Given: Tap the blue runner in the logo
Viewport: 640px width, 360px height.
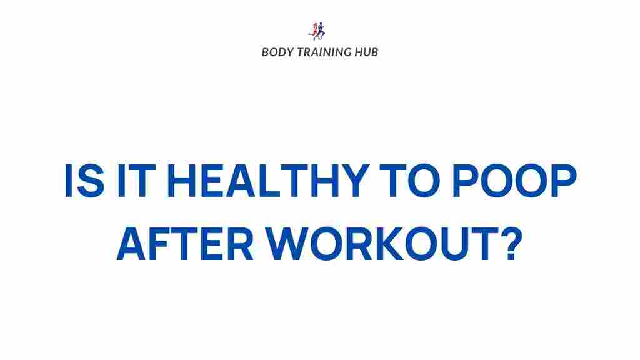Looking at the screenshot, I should point(322,31).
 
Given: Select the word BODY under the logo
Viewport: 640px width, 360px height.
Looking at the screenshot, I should point(275,52).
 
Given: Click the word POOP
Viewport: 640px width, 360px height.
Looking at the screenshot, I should point(514,182).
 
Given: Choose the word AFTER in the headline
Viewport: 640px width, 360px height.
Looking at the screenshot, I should point(185,245).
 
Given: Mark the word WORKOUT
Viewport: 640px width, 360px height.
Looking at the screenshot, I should point(377,245).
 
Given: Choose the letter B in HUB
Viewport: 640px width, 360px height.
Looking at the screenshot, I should point(374,52).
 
